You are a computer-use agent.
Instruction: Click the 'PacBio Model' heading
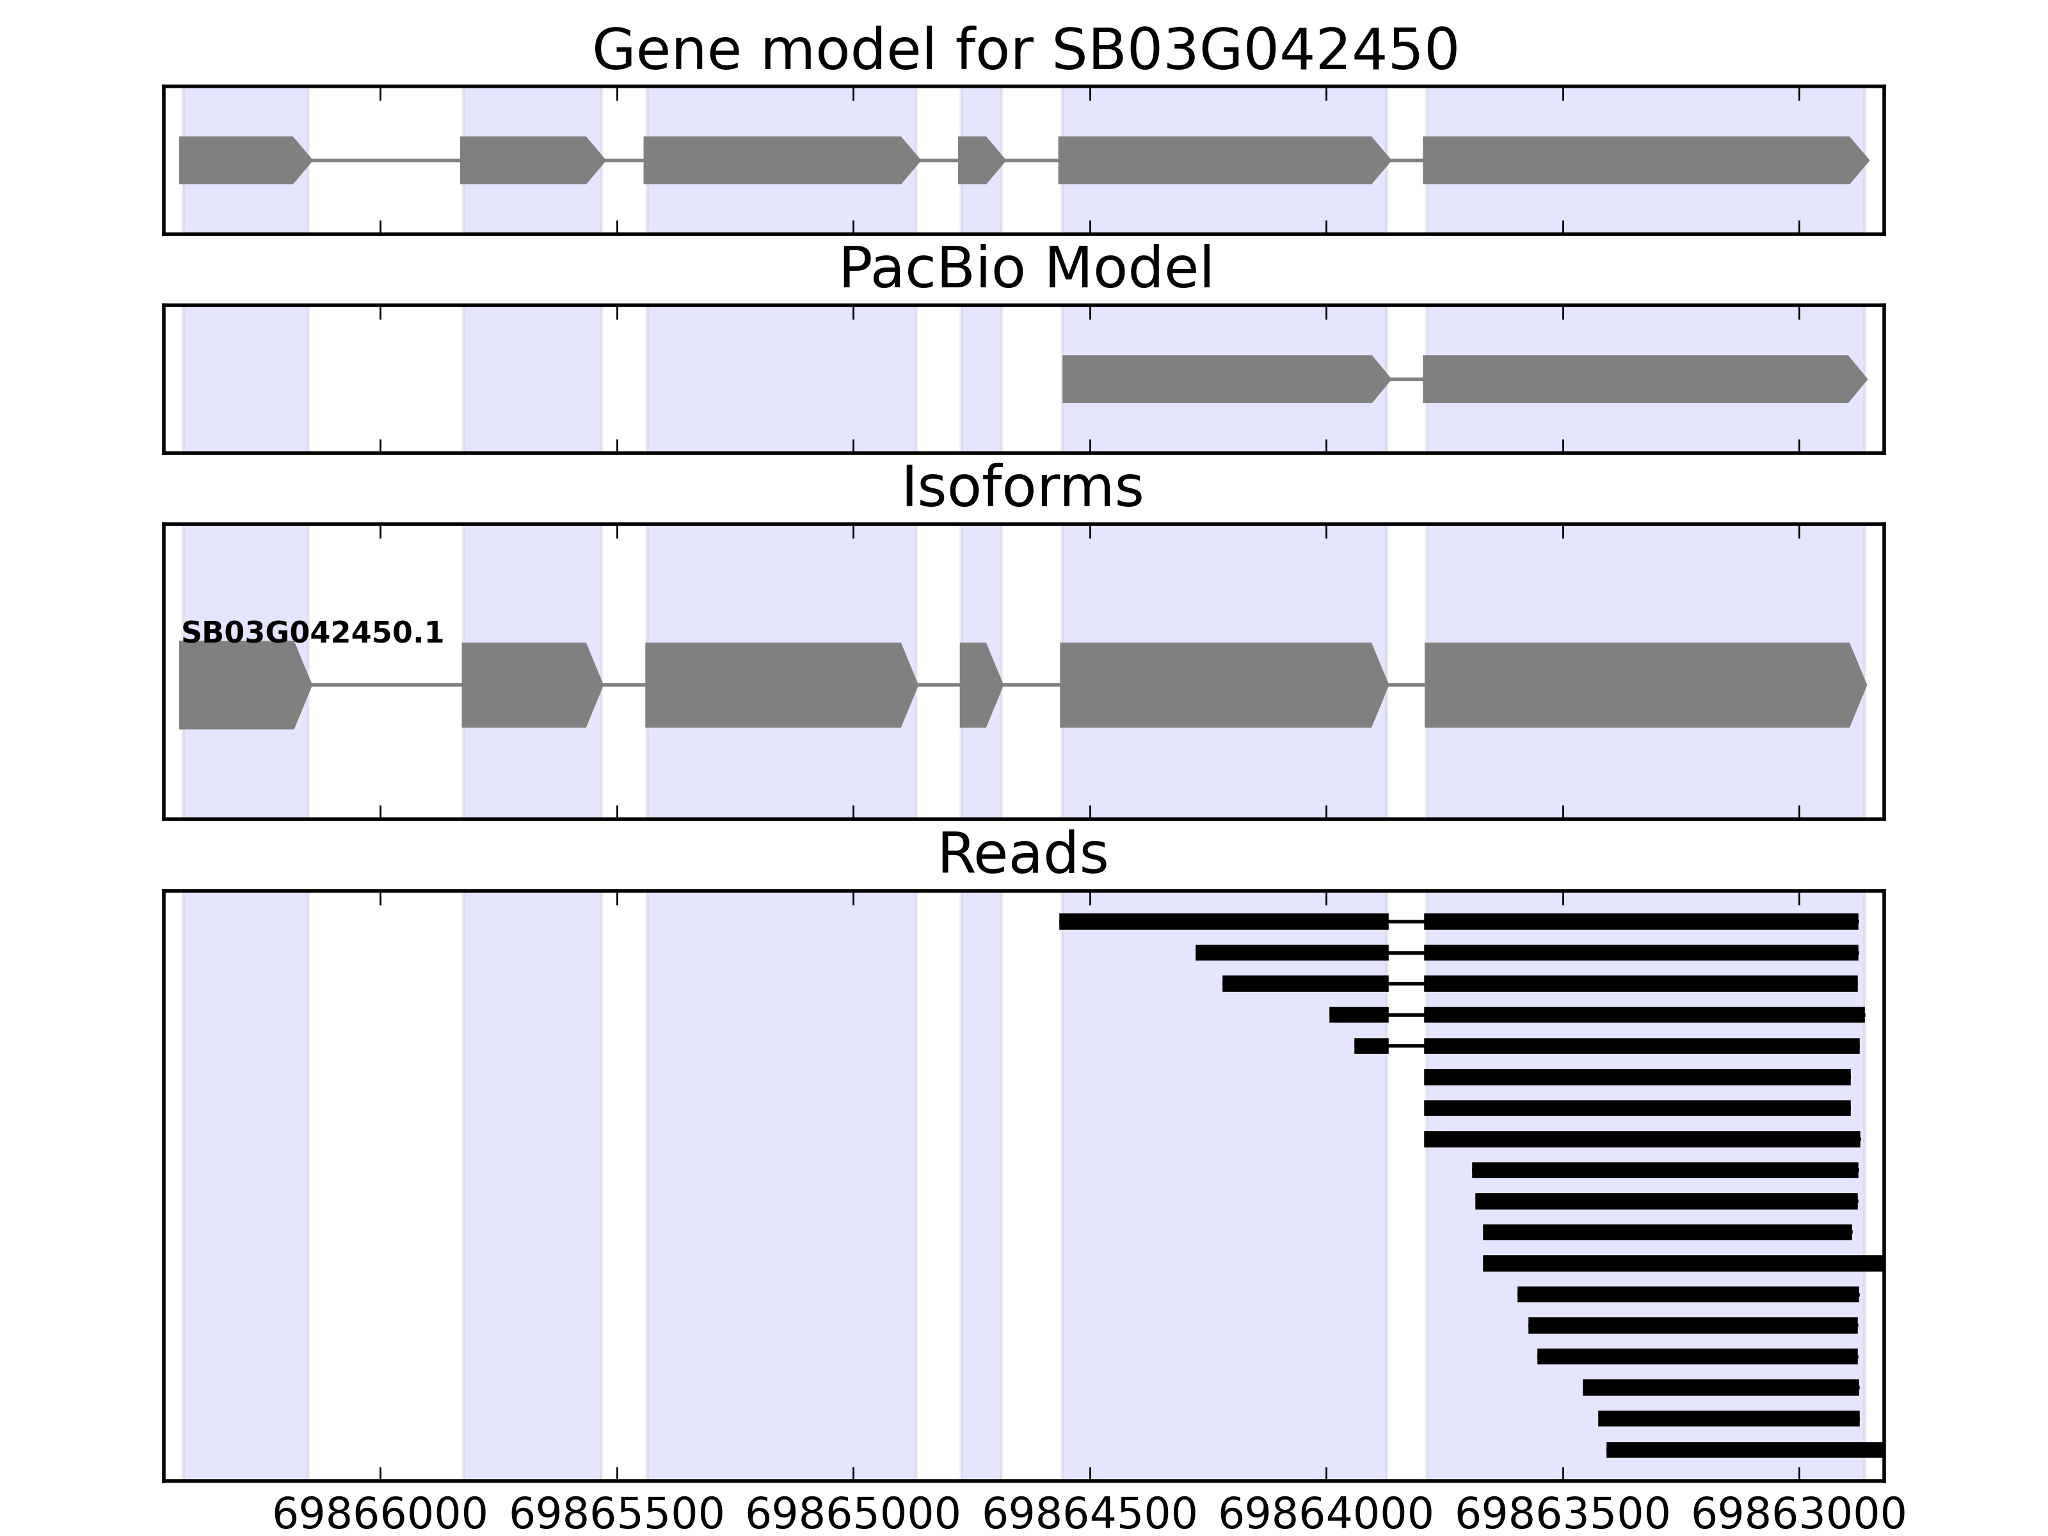click(1024, 269)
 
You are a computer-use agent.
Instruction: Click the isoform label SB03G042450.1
click(312, 634)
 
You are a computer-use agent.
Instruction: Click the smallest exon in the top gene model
click(979, 160)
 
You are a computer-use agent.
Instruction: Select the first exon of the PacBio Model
click(1222, 380)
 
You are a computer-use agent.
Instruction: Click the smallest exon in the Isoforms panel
click(978, 685)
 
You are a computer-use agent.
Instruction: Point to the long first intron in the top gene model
click(385, 160)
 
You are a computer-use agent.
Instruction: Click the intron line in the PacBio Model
click(1406, 380)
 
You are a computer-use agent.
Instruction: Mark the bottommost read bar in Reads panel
click(1744, 1450)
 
